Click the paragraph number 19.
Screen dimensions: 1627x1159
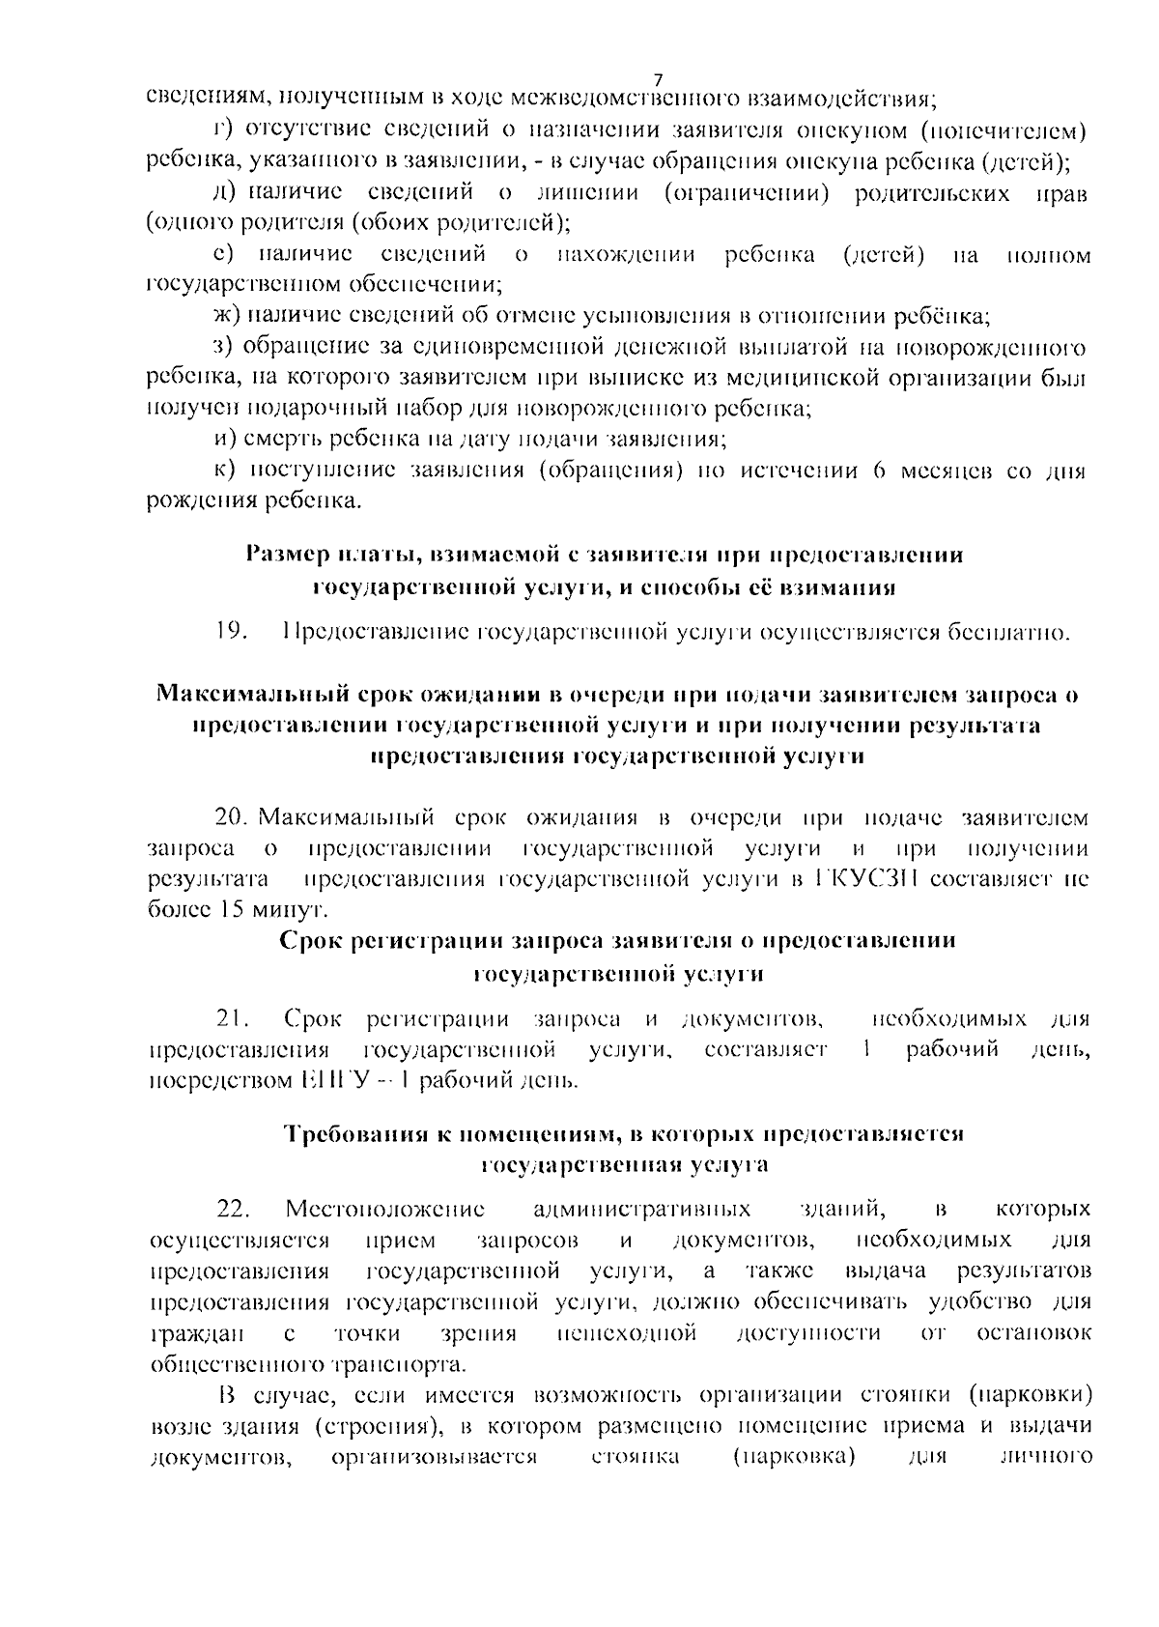coord(232,633)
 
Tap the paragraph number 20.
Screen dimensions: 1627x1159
coord(233,817)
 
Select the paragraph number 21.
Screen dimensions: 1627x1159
coord(233,1018)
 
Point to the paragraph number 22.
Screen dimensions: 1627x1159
coord(233,1209)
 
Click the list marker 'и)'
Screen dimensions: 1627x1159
coord(225,440)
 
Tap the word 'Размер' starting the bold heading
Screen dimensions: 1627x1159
coord(287,555)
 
